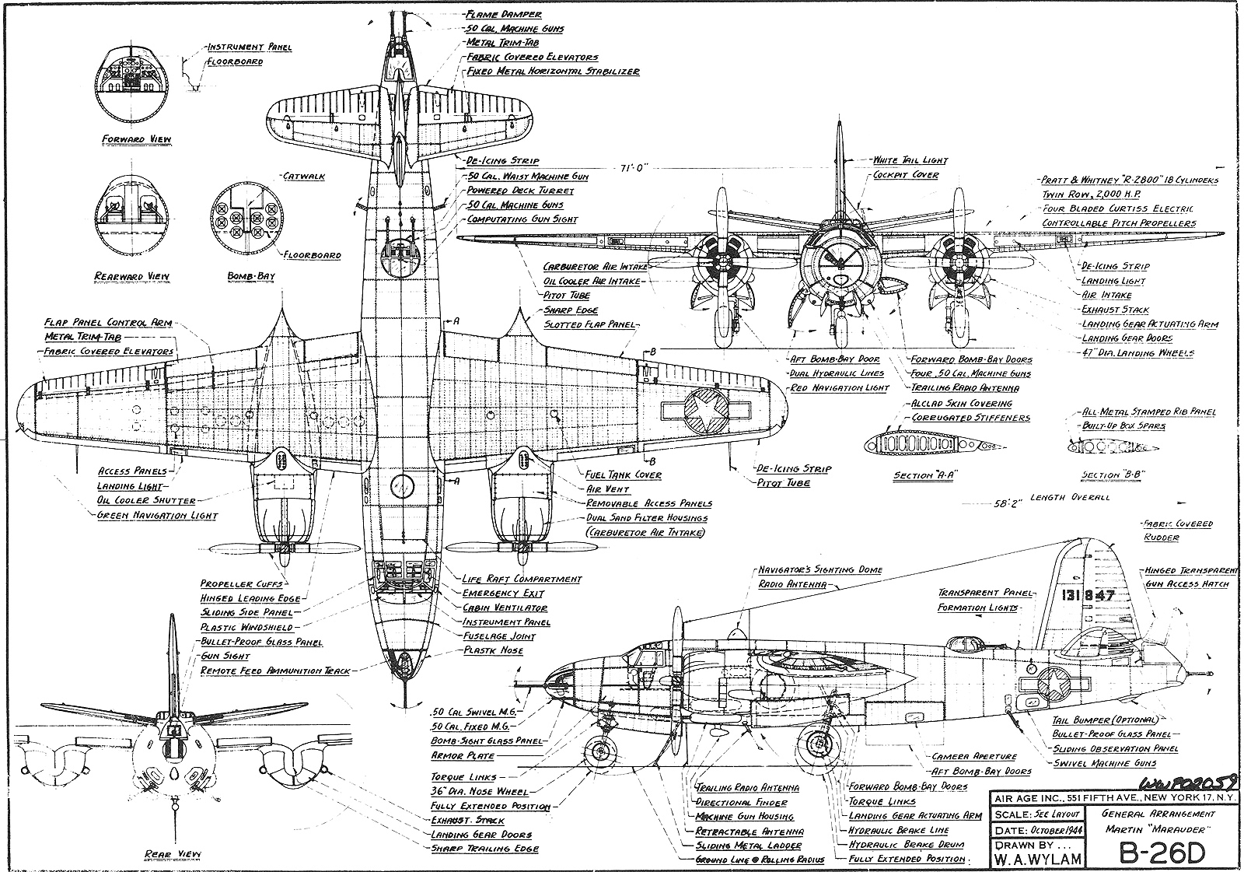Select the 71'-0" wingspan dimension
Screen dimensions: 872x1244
(x=634, y=168)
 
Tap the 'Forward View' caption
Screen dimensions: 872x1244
(x=137, y=140)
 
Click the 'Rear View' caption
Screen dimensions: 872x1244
(x=173, y=854)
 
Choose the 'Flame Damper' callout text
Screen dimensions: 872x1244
(x=503, y=14)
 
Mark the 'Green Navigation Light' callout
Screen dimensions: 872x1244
(x=157, y=515)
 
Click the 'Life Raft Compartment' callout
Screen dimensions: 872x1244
(x=522, y=580)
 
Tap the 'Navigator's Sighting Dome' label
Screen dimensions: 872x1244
(x=820, y=569)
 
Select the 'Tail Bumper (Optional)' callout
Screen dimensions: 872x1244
(x=1104, y=720)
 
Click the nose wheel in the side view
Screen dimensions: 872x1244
(x=599, y=751)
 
